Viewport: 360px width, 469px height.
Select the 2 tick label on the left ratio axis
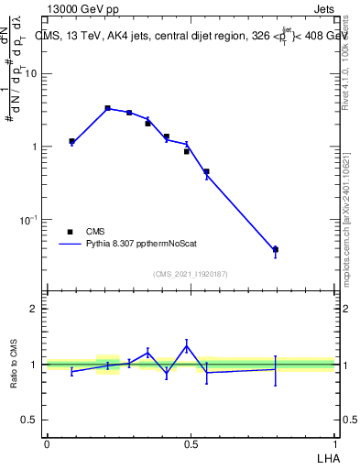pyautogui.click(x=34, y=309)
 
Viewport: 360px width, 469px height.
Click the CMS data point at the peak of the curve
pyautogui.click(x=107, y=108)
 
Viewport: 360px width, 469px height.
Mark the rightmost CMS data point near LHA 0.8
pyautogui.click(x=275, y=249)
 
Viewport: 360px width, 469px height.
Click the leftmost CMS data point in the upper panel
pyautogui.click(x=71, y=141)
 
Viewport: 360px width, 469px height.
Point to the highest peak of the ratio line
pyautogui.click(x=187, y=345)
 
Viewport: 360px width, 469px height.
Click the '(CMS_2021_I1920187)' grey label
pyautogui.click(x=191, y=272)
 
